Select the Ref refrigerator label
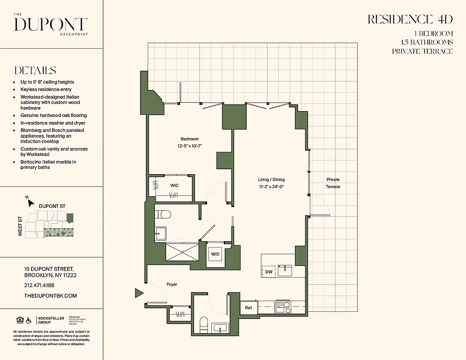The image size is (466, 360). tap(248, 308)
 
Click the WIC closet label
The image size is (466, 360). tap(175, 185)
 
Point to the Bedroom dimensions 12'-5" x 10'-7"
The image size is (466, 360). tap(189, 146)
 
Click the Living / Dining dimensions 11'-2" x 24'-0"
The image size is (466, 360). tap(271, 186)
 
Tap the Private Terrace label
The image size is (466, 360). tap(333, 183)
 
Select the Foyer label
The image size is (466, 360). tap(172, 284)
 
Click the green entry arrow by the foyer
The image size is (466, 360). tap(139, 293)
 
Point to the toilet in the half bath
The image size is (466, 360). tap(204, 322)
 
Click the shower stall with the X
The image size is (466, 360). tap(182, 252)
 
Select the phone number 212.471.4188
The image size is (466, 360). tap(39, 285)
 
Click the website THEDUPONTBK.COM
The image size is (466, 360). tap(50, 296)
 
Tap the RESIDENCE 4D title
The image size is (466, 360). tap(410, 19)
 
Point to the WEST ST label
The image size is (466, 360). tap(20, 227)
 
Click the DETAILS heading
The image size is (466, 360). tap(35, 71)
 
